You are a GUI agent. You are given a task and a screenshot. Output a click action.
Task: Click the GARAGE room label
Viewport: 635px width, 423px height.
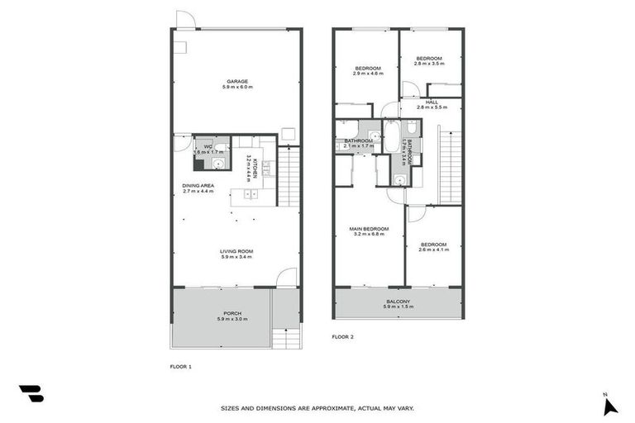236,81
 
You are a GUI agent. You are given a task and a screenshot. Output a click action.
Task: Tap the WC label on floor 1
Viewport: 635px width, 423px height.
197,146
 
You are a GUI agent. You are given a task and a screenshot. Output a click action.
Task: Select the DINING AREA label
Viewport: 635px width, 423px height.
198,186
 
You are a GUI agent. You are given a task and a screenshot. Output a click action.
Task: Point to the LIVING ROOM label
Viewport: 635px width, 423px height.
236,251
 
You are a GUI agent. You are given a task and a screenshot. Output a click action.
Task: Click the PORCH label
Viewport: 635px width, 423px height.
232,313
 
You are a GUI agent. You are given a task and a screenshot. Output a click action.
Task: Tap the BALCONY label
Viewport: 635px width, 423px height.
397,302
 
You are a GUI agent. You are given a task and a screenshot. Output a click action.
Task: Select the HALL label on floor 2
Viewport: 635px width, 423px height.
432,102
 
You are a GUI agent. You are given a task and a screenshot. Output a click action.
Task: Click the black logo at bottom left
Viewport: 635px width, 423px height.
31,393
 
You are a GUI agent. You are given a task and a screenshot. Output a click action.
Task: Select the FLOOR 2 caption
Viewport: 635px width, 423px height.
342,337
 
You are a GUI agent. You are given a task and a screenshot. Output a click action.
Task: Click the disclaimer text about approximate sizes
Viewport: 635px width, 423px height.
317,408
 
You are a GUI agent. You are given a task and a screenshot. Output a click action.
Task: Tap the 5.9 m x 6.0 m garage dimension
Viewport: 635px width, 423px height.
236,87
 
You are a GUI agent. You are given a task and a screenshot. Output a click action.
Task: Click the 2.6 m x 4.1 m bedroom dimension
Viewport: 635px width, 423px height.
433,250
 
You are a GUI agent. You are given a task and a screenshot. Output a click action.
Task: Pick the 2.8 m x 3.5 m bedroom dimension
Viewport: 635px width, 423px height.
430,63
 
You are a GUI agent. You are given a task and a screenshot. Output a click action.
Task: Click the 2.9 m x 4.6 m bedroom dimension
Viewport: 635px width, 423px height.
368,74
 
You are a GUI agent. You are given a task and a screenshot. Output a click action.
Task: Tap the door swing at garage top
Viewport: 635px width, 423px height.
185,20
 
